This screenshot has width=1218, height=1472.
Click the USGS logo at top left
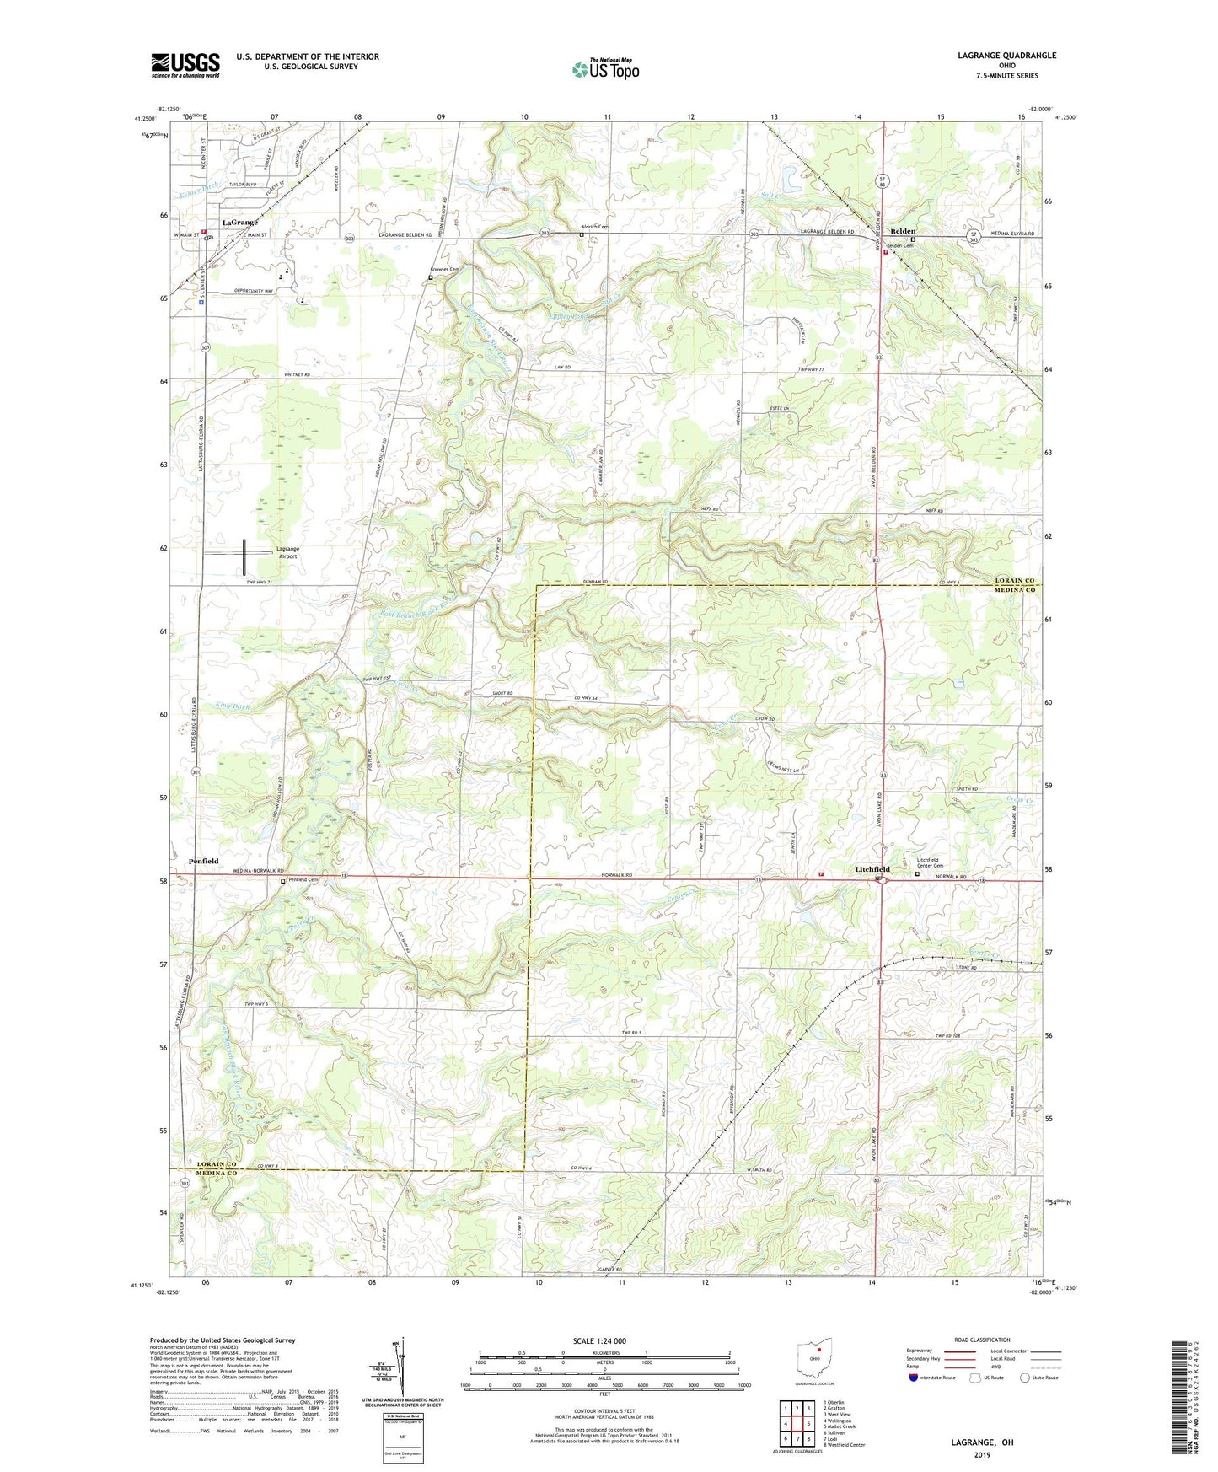click(x=185, y=65)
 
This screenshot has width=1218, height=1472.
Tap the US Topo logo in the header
click(x=605, y=69)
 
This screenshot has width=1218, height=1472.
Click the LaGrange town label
click(x=239, y=223)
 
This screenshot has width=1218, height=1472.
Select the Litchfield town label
click(x=872, y=869)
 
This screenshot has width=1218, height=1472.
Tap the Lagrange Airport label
click(x=287, y=552)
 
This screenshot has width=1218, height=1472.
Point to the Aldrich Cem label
click(x=594, y=227)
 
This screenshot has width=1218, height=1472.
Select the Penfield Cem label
click(x=303, y=880)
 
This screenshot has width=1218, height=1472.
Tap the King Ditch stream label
click(x=232, y=705)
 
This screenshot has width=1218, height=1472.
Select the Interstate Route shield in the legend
click(x=914, y=1378)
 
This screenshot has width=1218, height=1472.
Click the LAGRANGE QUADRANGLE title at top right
click(x=1006, y=56)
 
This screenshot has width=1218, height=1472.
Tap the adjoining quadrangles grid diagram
click(x=797, y=1425)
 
